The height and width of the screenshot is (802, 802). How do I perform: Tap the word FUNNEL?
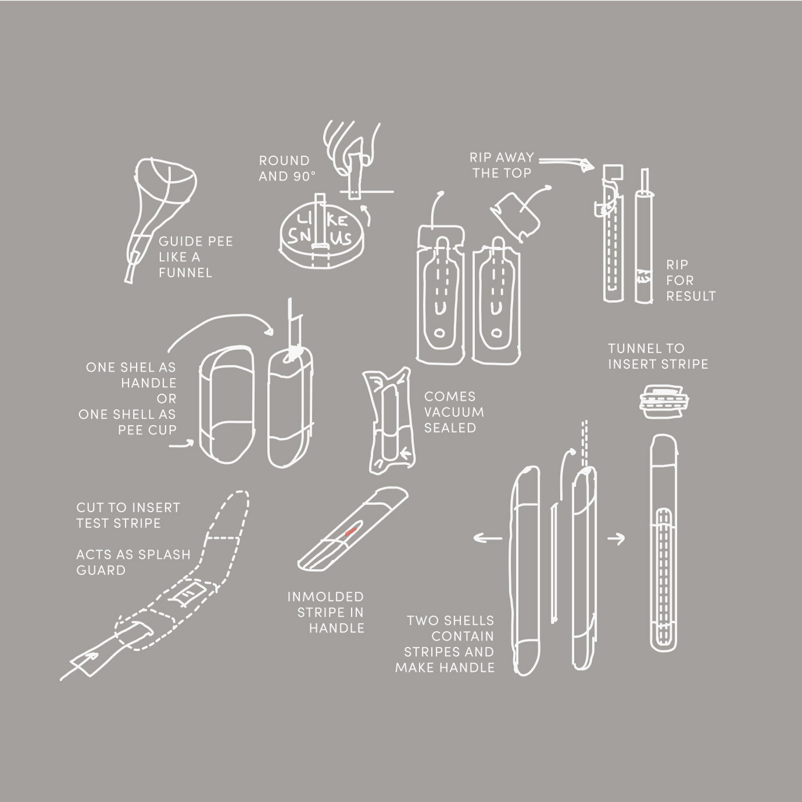pyautogui.click(x=185, y=273)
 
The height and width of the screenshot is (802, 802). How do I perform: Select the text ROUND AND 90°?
pyautogui.click(x=285, y=168)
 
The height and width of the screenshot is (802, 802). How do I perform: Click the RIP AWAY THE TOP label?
pyautogui.click(x=502, y=165)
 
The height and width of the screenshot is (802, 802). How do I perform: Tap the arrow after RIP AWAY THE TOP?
pyautogui.click(x=567, y=163)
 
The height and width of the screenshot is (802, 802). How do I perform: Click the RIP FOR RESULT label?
pyautogui.click(x=690, y=280)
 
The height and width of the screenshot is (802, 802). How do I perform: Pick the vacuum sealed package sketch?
pyautogui.click(x=389, y=420)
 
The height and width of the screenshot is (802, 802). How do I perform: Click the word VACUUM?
pyautogui.click(x=454, y=412)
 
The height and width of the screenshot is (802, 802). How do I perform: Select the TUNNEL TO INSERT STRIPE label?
pyautogui.click(x=658, y=357)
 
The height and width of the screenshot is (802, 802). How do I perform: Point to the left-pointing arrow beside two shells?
pyautogui.click(x=487, y=538)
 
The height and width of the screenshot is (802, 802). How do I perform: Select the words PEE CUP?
pyautogui.click(x=147, y=430)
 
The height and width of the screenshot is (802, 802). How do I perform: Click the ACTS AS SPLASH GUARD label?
pyautogui.click(x=133, y=562)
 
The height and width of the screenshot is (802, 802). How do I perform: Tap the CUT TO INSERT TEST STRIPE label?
pyautogui.click(x=128, y=515)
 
